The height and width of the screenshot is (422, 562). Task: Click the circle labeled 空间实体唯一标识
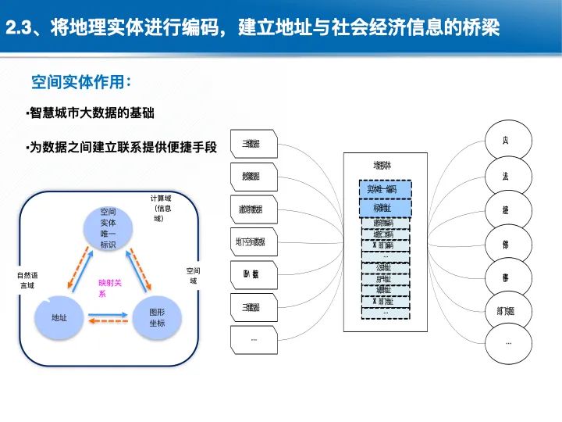tap(108, 227)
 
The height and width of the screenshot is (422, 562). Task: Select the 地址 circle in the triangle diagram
tap(59, 317)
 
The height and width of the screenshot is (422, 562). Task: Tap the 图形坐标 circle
tap(156, 317)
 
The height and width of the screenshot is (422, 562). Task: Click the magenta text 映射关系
tap(110, 288)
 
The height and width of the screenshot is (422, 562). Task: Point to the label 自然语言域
tap(27, 280)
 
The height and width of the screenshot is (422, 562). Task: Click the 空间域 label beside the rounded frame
tap(193, 275)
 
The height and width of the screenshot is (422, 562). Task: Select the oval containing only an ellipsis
tap(509, 343)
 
